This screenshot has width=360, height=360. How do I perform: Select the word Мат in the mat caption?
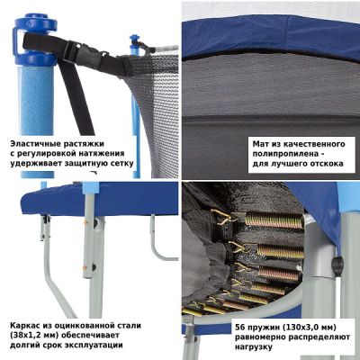[x=260, y=144]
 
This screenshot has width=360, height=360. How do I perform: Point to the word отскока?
[x=326, y=164]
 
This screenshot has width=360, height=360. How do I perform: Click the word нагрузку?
[x=254, y=347]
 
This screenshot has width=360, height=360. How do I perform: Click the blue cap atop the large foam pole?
[x=35, y=39]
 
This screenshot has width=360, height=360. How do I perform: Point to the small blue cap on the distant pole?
[x=135, y=40]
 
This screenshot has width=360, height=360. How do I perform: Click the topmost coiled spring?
[x=274, y=220]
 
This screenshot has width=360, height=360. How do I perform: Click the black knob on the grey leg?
[x=337, y=265]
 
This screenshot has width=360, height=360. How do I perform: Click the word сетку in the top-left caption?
[x=122, y=164]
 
